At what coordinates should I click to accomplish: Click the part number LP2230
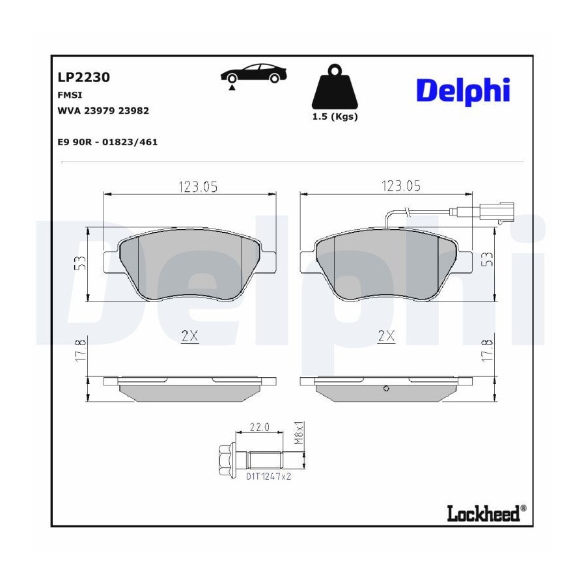pos(84,77)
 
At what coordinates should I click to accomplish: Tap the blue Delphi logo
pos(464,91)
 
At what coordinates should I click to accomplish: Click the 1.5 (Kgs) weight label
pos(335,117)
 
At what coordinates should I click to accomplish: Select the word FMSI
pos(70,95)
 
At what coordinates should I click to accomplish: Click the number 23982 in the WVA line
pos(133,111)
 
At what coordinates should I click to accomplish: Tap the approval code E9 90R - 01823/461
pos(107,142)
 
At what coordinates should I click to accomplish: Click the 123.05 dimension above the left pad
pos(198,186)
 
